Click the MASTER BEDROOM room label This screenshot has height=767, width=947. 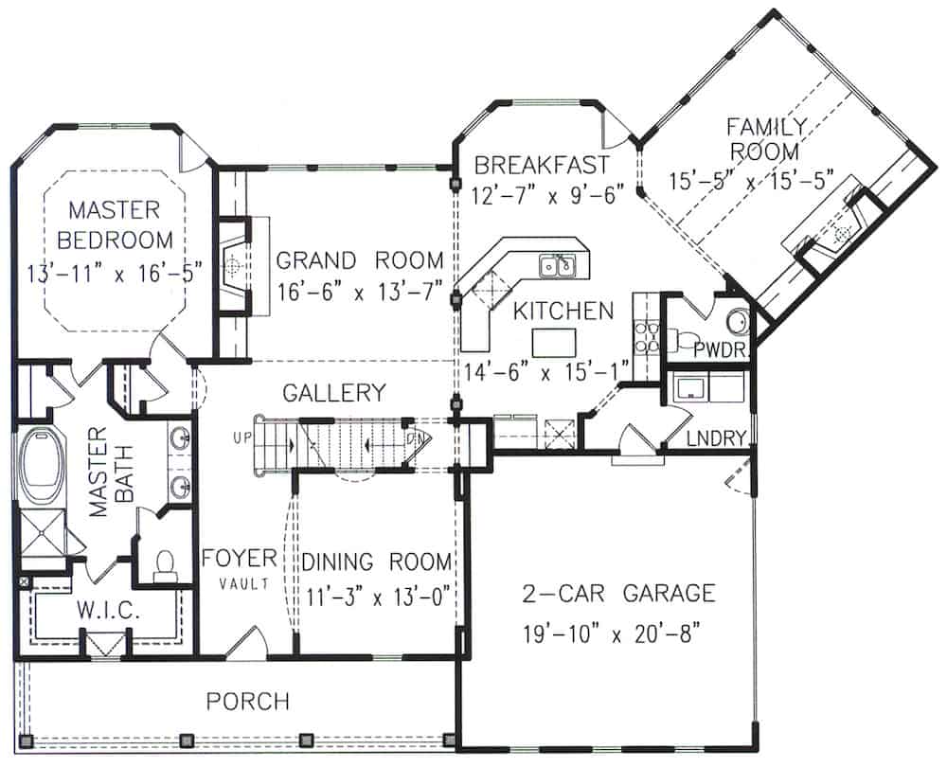113,223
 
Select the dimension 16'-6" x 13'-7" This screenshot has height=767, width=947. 360,294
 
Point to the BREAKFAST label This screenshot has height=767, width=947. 541,165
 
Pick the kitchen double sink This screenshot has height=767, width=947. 560,267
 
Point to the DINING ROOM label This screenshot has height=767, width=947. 377,562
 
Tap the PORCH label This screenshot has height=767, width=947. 247,702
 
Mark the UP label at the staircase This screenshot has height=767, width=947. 241,438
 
